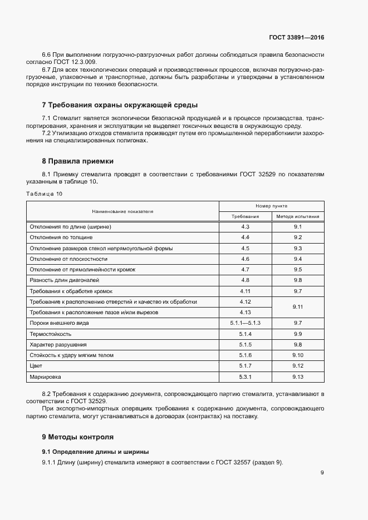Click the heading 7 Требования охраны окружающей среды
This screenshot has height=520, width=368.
click(120, 105)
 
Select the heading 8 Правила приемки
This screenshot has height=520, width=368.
click(77, 161)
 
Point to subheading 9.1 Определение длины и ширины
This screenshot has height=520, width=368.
click(96, 451)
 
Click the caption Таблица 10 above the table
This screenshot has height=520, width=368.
click(45, 194)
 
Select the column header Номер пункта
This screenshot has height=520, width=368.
click(272, 206)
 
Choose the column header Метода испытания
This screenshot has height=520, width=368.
click(298, 216)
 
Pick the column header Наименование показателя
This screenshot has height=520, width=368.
click(122, 211)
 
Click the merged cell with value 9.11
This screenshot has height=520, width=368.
click(298, 307)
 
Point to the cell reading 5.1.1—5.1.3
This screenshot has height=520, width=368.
click(246, 323)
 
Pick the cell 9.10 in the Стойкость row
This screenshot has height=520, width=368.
click(298, 355)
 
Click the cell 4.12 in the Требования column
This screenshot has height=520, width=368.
click(246, 302)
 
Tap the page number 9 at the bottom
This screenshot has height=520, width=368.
click(322, 473)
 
